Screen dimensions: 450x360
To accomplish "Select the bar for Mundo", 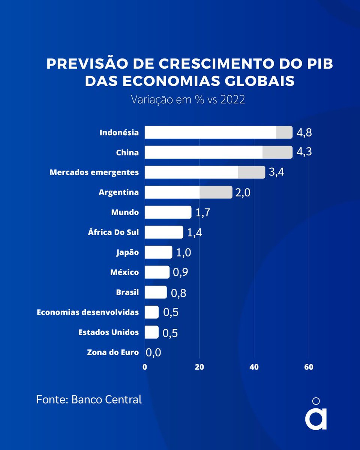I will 168,212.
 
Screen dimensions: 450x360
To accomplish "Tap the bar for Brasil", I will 156,292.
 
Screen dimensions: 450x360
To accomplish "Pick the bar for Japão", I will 158,252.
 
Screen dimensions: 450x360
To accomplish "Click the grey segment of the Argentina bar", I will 216,192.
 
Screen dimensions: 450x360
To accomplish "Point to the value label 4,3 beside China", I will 304,152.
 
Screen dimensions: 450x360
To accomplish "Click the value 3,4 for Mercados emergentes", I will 276,172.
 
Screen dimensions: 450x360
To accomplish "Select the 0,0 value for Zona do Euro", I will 153,352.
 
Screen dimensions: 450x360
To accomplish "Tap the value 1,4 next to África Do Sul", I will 195,232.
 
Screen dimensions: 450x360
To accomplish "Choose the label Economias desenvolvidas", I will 88,312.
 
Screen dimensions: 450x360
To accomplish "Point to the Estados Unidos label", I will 108,332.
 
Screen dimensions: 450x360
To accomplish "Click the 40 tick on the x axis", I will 254,367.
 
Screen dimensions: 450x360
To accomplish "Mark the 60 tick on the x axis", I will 309,367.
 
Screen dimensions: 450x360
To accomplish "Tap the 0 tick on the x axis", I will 145,367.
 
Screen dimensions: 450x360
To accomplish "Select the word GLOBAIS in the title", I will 258,81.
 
